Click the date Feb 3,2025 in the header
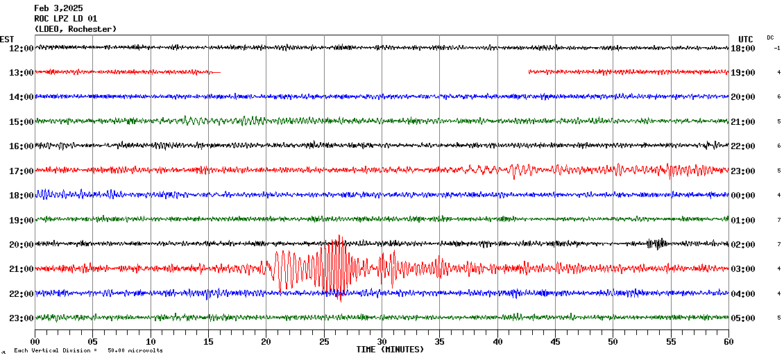coord(58,8)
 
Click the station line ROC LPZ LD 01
coord(65,19)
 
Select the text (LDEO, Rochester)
coord(75,29)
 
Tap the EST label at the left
coord(7,39)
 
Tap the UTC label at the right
coord(746,39)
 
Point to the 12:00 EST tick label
coord(21,48)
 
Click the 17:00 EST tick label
coord(21,171)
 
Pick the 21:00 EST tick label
coord(21,269)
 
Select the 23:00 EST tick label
coord(21,318)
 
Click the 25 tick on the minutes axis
coord(324,342)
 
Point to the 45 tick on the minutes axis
coord(555,342)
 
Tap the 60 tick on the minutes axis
coord(728,342)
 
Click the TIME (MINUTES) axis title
coord(390,350)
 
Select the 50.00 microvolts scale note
coord(135,351)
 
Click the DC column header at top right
coord(770,37)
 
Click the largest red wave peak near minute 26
coord(339,239)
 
